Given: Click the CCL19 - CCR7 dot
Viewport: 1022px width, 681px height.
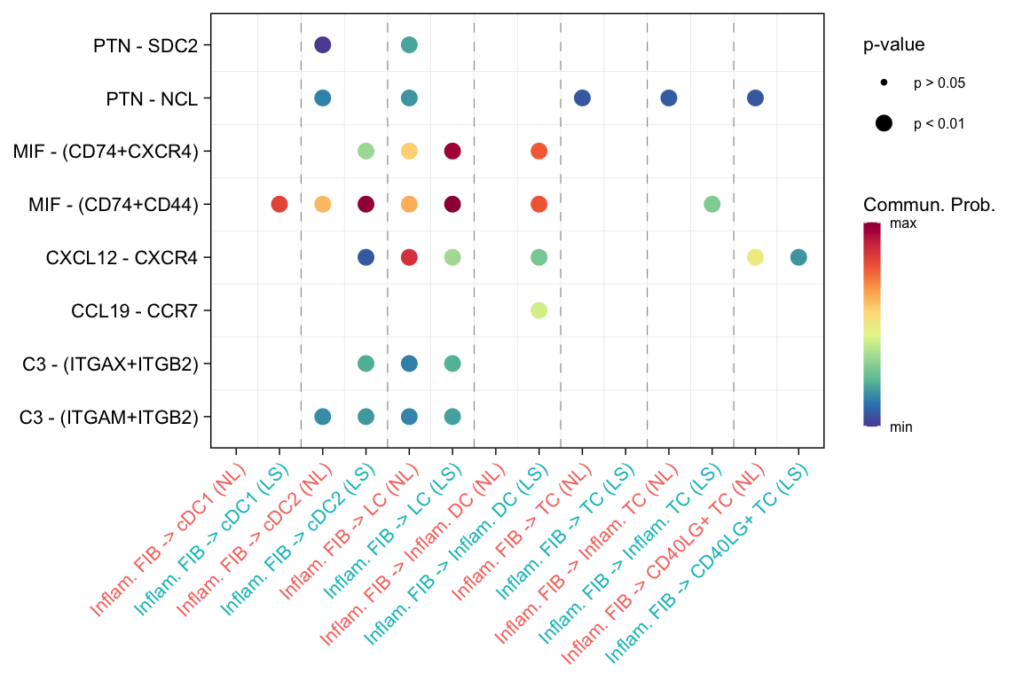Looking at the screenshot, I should coord(539,310).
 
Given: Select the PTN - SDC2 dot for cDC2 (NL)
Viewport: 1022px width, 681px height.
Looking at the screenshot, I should coord(322,44).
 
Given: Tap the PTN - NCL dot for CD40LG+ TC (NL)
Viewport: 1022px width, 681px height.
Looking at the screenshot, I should coord(755,98).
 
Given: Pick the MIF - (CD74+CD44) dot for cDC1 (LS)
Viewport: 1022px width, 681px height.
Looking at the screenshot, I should coord(279,204).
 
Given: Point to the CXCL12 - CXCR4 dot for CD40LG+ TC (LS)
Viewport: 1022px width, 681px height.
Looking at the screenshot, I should coord(798,257).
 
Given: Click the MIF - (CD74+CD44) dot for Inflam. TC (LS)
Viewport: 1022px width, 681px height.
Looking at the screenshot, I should coord(711,204).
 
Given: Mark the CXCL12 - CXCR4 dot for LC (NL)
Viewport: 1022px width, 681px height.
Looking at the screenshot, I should coord(409,257).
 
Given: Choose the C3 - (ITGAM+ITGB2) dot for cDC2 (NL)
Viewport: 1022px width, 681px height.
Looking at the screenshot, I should coord(322,417).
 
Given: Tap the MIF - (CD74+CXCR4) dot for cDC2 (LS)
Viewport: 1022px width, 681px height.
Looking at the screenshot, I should coord(366,151).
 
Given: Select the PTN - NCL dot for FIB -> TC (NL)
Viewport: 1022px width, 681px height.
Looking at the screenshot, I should coord(582,98).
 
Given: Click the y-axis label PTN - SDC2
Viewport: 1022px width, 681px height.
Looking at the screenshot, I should coord(145,44).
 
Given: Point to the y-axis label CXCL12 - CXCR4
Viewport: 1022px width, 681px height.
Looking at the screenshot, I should coord(122,257).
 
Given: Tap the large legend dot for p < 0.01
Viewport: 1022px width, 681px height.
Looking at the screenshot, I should coord(884,124).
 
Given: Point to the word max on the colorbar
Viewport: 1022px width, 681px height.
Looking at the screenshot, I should coord(902,223).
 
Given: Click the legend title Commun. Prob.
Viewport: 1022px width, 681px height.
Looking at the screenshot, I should coord(929,205).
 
